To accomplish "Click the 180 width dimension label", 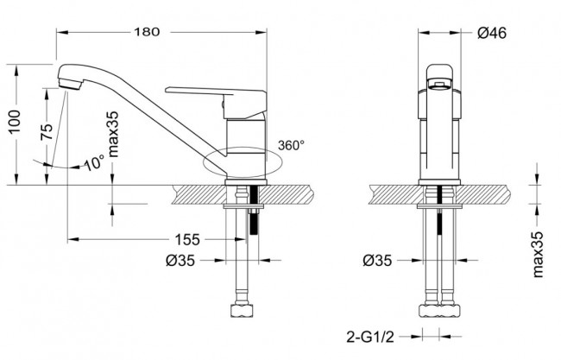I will pyautogui.click(x=148, y=33).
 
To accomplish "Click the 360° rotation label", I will pyautogui.click(x=291, y=145).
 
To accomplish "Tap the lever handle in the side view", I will pyautogui.click(x=199, y=91).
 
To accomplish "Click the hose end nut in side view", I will pyautogui.click(x=240, y=309).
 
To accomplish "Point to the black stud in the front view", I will pyautogui.click(x=441, y=230).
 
